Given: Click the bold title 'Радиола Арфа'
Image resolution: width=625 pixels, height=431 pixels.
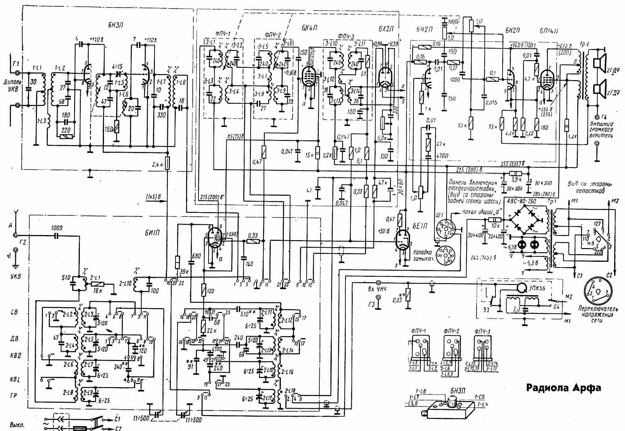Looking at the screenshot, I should point(563,388).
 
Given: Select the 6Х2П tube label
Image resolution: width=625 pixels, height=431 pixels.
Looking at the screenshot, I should point(386,28).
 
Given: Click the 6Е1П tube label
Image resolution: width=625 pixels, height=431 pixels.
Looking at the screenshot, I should point(420,226).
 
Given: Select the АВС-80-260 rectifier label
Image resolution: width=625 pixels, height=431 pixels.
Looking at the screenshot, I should point(522,201).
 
